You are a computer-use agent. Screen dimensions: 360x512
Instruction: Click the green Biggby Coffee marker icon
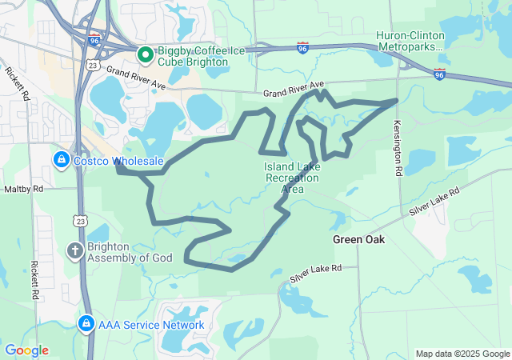pyautogui.click(x=145, y=54)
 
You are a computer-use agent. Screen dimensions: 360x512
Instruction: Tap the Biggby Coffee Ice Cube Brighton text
pyautogui.click(x=192, y=54)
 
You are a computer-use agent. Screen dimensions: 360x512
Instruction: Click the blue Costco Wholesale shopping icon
pyautogui.click(x=60, y=160)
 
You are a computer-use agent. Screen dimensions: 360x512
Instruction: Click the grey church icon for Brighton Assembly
pyautogui.click(x=74, y=251)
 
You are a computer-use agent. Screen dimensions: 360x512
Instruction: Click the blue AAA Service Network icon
pyautogui.click(x=86, y=325)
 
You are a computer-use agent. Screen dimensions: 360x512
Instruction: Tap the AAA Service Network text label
pyautogui.click(x=152, y=326)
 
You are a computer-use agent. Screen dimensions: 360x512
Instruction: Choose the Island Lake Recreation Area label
pyautogui.click(x=291, y=178)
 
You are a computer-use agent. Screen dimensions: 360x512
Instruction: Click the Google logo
pyautogui.click(x=26, y=350)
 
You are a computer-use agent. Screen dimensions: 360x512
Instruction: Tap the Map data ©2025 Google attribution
pyautogui.click(x=462, y=354)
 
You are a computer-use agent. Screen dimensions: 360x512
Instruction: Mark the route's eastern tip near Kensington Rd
pyautogui.click(x=397, y=100)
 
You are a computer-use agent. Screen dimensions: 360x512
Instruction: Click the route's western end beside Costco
pyautogui.click(x=118, y=167)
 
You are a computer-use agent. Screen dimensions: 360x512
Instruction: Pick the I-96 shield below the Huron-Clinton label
pyautogui.click(x=440, y=74)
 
